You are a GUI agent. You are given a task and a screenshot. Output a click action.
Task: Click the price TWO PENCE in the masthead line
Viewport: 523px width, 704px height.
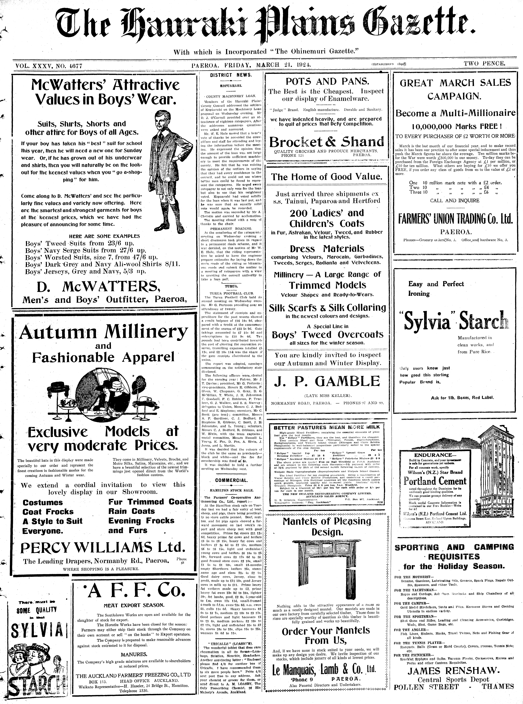tap(484, 63)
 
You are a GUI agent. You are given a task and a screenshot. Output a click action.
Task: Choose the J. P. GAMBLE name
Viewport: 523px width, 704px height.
tap(327, 381)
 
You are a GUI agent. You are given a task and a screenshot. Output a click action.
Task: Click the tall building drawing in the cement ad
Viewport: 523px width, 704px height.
tap(492, 469)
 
